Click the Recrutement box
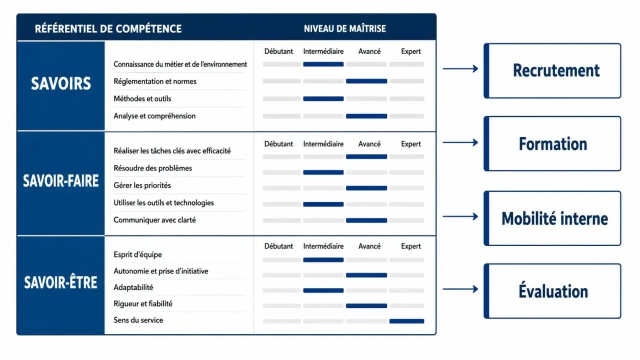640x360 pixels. pos(552,71)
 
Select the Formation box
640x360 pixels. pos(552,143)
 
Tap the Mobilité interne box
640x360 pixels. pos(552,218)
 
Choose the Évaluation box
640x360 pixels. pos(552,291)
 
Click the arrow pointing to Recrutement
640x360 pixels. pos(460,68)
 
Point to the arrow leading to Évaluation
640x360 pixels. pos(460,289)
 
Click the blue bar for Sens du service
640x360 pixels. pos(406,321)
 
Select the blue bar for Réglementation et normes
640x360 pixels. pos(366,81)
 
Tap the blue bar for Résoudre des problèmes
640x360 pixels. pos(323,172)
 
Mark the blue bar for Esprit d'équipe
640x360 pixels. pos(323,259)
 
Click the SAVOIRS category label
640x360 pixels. pos(61,83)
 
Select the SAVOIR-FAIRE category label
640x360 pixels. pos(61,181)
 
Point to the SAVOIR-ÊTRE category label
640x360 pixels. pos(60,282)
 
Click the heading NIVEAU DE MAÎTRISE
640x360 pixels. pos(345,28)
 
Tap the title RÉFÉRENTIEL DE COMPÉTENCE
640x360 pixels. pos(108,28)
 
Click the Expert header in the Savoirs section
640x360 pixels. pos(411,51)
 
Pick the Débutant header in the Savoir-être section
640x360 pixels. pos(278,246)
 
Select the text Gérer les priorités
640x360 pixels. pos(142,185)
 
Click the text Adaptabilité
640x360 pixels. pos(133,287)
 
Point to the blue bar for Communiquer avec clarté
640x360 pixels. pos(366,220)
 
